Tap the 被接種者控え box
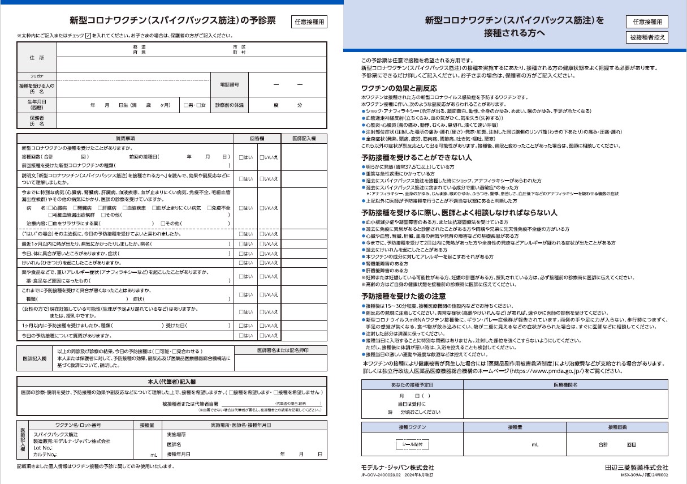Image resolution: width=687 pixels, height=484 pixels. [x=647, y=37]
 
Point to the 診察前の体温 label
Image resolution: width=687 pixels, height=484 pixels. [x=229, y=105]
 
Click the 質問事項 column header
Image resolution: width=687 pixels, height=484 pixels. [x=124, y=138]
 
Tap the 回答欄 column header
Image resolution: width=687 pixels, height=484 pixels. [x=257, y=138]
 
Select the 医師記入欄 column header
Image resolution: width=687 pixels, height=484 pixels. [x=304, y=138]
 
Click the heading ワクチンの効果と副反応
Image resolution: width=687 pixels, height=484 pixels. [x=399, y=88]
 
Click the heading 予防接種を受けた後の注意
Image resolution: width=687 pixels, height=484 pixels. [x=403, y=296]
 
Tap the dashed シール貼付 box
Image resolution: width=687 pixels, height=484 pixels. [x=412, y=444]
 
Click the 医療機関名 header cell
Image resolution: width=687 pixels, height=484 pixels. [x=565, y=384]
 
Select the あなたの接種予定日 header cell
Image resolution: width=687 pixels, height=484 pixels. [x=412, y=384]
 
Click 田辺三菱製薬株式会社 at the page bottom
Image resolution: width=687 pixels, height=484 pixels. [x=636, y=468]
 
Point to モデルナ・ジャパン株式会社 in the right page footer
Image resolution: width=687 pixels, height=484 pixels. [x=397, y=468]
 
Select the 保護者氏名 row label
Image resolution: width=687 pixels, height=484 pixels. [x=37, y=121]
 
